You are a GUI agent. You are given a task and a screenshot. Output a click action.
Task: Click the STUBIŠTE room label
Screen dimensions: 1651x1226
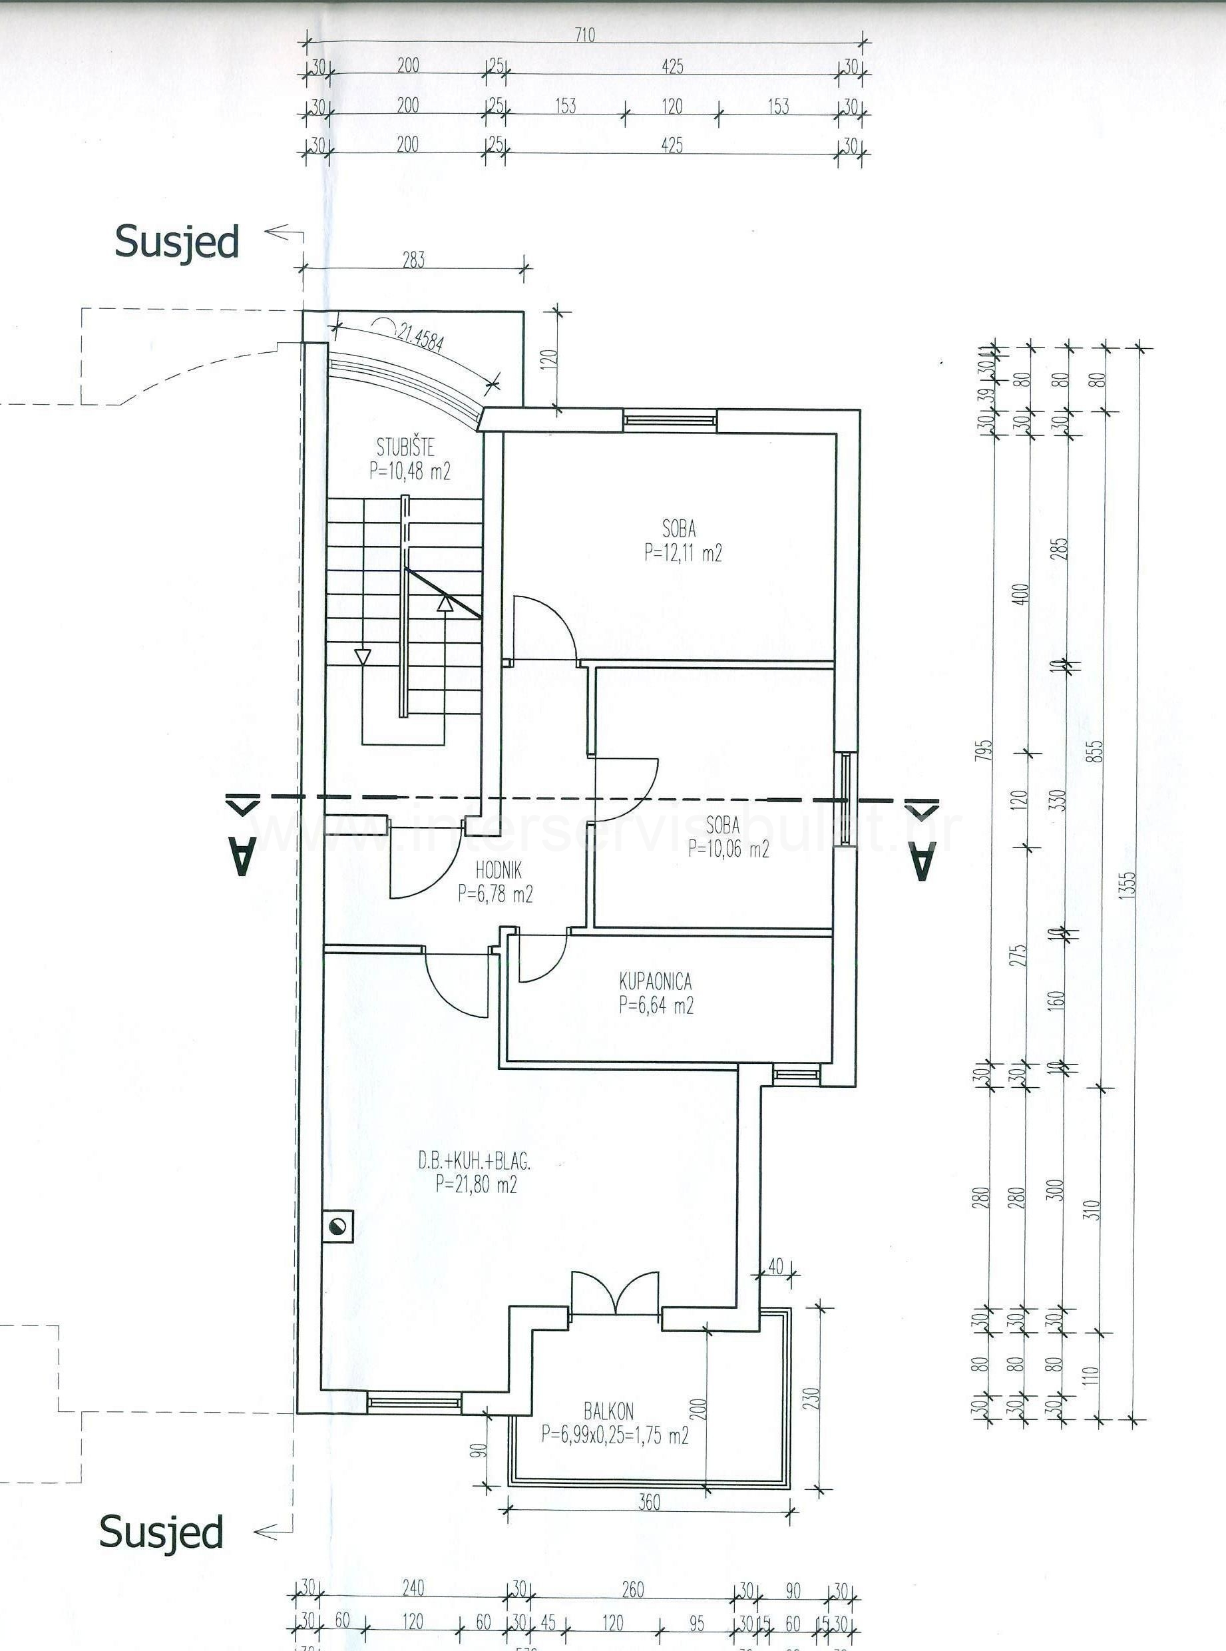click(x=405, y=447)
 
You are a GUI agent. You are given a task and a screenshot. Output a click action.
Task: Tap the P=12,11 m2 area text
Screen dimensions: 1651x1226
click(x=683, y=553)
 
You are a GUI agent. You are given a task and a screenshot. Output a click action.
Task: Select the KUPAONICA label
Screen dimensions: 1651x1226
click(x=654, y=981)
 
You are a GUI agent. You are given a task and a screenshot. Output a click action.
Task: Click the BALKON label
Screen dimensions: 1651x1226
click(x=608, y=1410)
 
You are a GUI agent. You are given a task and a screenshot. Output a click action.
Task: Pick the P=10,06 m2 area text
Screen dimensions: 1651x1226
click(x=728, y=849)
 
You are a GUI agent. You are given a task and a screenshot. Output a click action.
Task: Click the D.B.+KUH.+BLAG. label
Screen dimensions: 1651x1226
click(x=473, y=1162)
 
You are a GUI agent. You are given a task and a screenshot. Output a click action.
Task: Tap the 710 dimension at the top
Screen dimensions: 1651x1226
click(x=585, y=35)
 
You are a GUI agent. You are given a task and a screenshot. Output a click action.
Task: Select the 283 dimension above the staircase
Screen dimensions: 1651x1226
click(x=413, y=260)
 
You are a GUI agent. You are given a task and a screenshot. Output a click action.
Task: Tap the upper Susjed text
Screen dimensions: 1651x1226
click(x=176, y=242)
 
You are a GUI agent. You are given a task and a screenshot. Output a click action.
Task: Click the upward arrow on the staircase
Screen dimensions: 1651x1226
click(x=445, y=604)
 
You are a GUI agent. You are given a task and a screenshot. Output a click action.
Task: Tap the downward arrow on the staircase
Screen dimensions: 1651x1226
click(x=362, y=657)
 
